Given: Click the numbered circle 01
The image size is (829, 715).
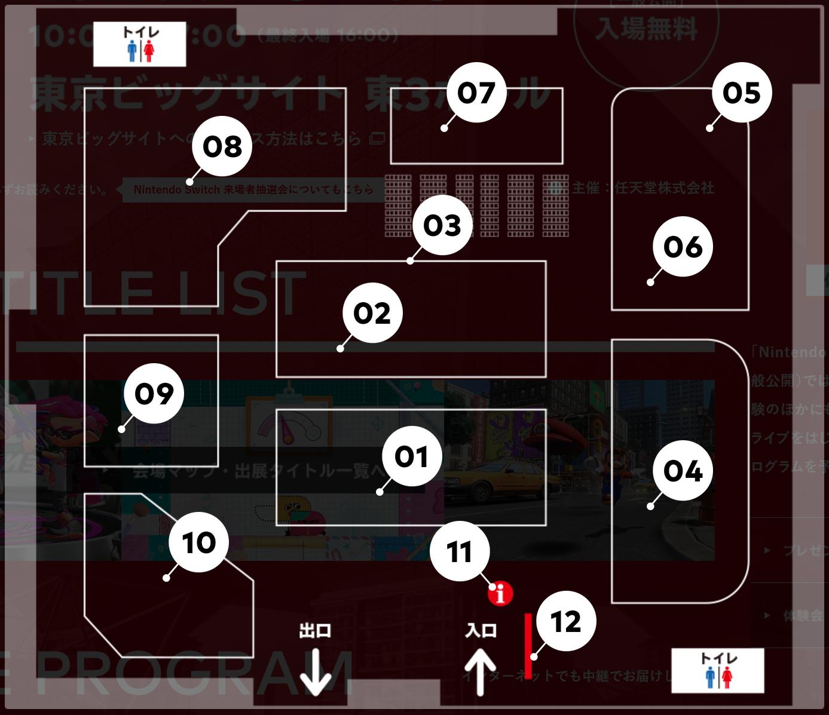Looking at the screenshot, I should tap(411, 456).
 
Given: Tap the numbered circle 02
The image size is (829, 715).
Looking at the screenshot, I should tap(372, 313).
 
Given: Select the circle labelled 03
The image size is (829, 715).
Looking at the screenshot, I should tap(442, 225).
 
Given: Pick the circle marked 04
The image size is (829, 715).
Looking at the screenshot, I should tap(683, 471).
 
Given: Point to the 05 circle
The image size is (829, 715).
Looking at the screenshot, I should tap(742, 93).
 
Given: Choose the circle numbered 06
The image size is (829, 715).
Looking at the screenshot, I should tap(683, 247).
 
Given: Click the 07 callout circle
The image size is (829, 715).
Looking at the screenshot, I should tap(476, 93).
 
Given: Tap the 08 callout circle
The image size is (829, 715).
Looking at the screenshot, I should tap(222, 146).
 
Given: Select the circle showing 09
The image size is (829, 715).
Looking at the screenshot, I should tap(154, 394).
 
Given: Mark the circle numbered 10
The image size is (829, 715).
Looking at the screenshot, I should tap(198, 542).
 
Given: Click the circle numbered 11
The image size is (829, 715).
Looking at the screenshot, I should tap(460, 551).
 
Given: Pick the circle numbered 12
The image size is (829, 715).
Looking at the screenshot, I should tap(565, 622).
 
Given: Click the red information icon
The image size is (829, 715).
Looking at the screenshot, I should tap(500, 594).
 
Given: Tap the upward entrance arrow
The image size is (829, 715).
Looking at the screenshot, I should tap(481, 672).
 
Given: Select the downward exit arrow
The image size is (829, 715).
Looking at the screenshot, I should tap(316, 672).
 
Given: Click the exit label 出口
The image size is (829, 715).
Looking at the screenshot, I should tap(315, 631).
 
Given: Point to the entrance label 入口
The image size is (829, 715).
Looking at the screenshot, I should tap(481, 631).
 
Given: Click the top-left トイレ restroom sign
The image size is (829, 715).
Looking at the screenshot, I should tap(140, 44).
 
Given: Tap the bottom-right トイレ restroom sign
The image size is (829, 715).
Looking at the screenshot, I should tap(717, 670).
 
